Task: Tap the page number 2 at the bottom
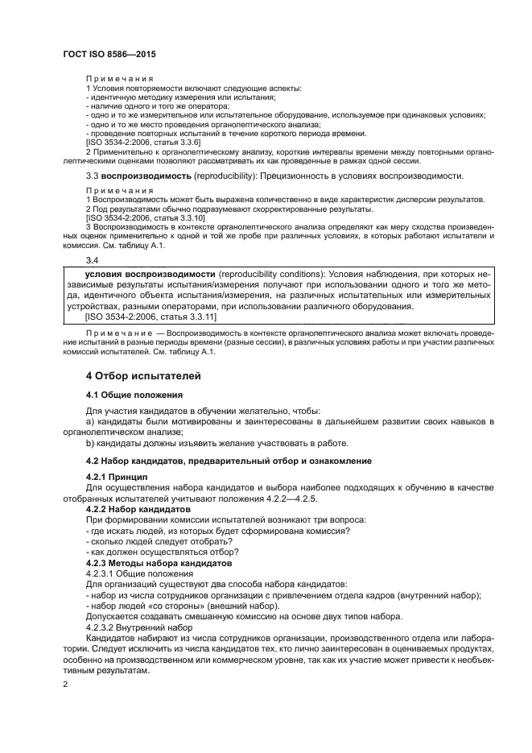pos(66,684)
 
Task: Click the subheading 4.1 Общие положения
pos(134,395)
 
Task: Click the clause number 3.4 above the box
pos(92,260)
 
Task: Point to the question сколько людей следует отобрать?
pos(152,541)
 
